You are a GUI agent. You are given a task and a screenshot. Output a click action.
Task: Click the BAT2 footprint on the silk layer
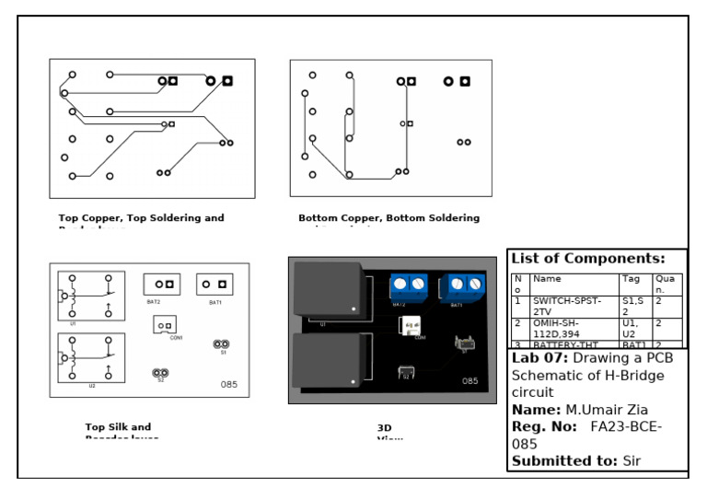click(x=162, y=285)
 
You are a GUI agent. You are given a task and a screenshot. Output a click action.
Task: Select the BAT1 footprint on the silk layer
click(x=214, y=285)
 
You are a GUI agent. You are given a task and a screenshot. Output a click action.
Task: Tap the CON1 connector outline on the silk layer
click(x=165, y=325)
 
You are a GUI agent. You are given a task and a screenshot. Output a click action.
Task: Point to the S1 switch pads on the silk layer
click(x=221, y=344)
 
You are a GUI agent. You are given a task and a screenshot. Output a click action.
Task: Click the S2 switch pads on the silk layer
click(x=159, y=373)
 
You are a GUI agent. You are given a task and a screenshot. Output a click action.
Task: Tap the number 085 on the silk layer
click(x=229, y=384)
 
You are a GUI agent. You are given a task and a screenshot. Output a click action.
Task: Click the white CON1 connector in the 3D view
click(x=409, y=326)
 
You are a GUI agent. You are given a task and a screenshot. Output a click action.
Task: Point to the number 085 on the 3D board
click(x=469, y=380)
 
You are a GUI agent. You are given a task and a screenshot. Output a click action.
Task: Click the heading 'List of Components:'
click(x=587, y=259)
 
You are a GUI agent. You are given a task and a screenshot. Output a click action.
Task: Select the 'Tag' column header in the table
click(x=632, y=278)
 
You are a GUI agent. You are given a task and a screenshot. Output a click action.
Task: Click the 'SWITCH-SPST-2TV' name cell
click(x=567, y=306)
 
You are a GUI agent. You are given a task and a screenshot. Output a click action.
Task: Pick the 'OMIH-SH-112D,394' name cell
click(x=567, y=329)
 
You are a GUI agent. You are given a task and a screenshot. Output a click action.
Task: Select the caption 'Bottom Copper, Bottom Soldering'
click(x=388, y=218)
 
